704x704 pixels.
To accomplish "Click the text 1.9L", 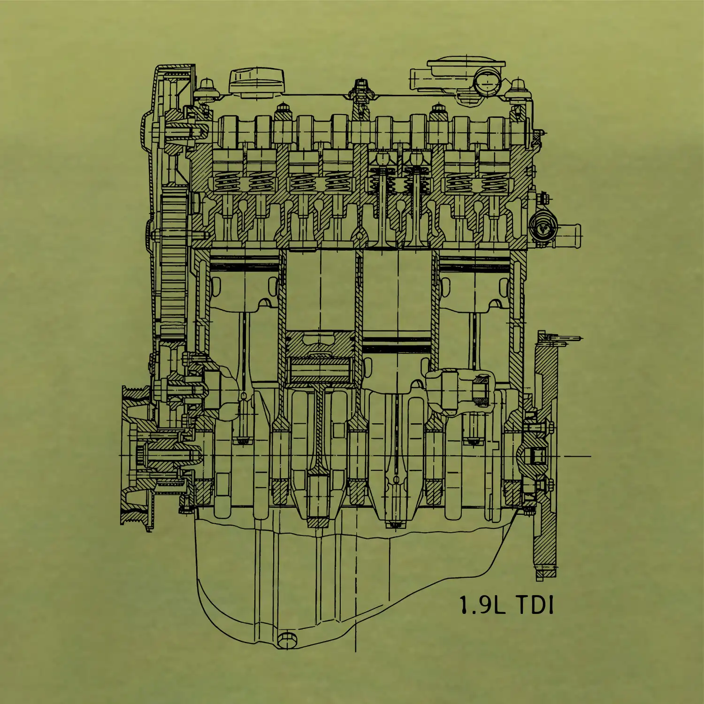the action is pyautogui.click(x=482, y=605).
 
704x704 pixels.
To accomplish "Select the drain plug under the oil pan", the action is pyautogui.click(x=287, y=640).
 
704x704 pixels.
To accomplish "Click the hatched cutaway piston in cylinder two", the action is pyautogui.click(x=320, y=357).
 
